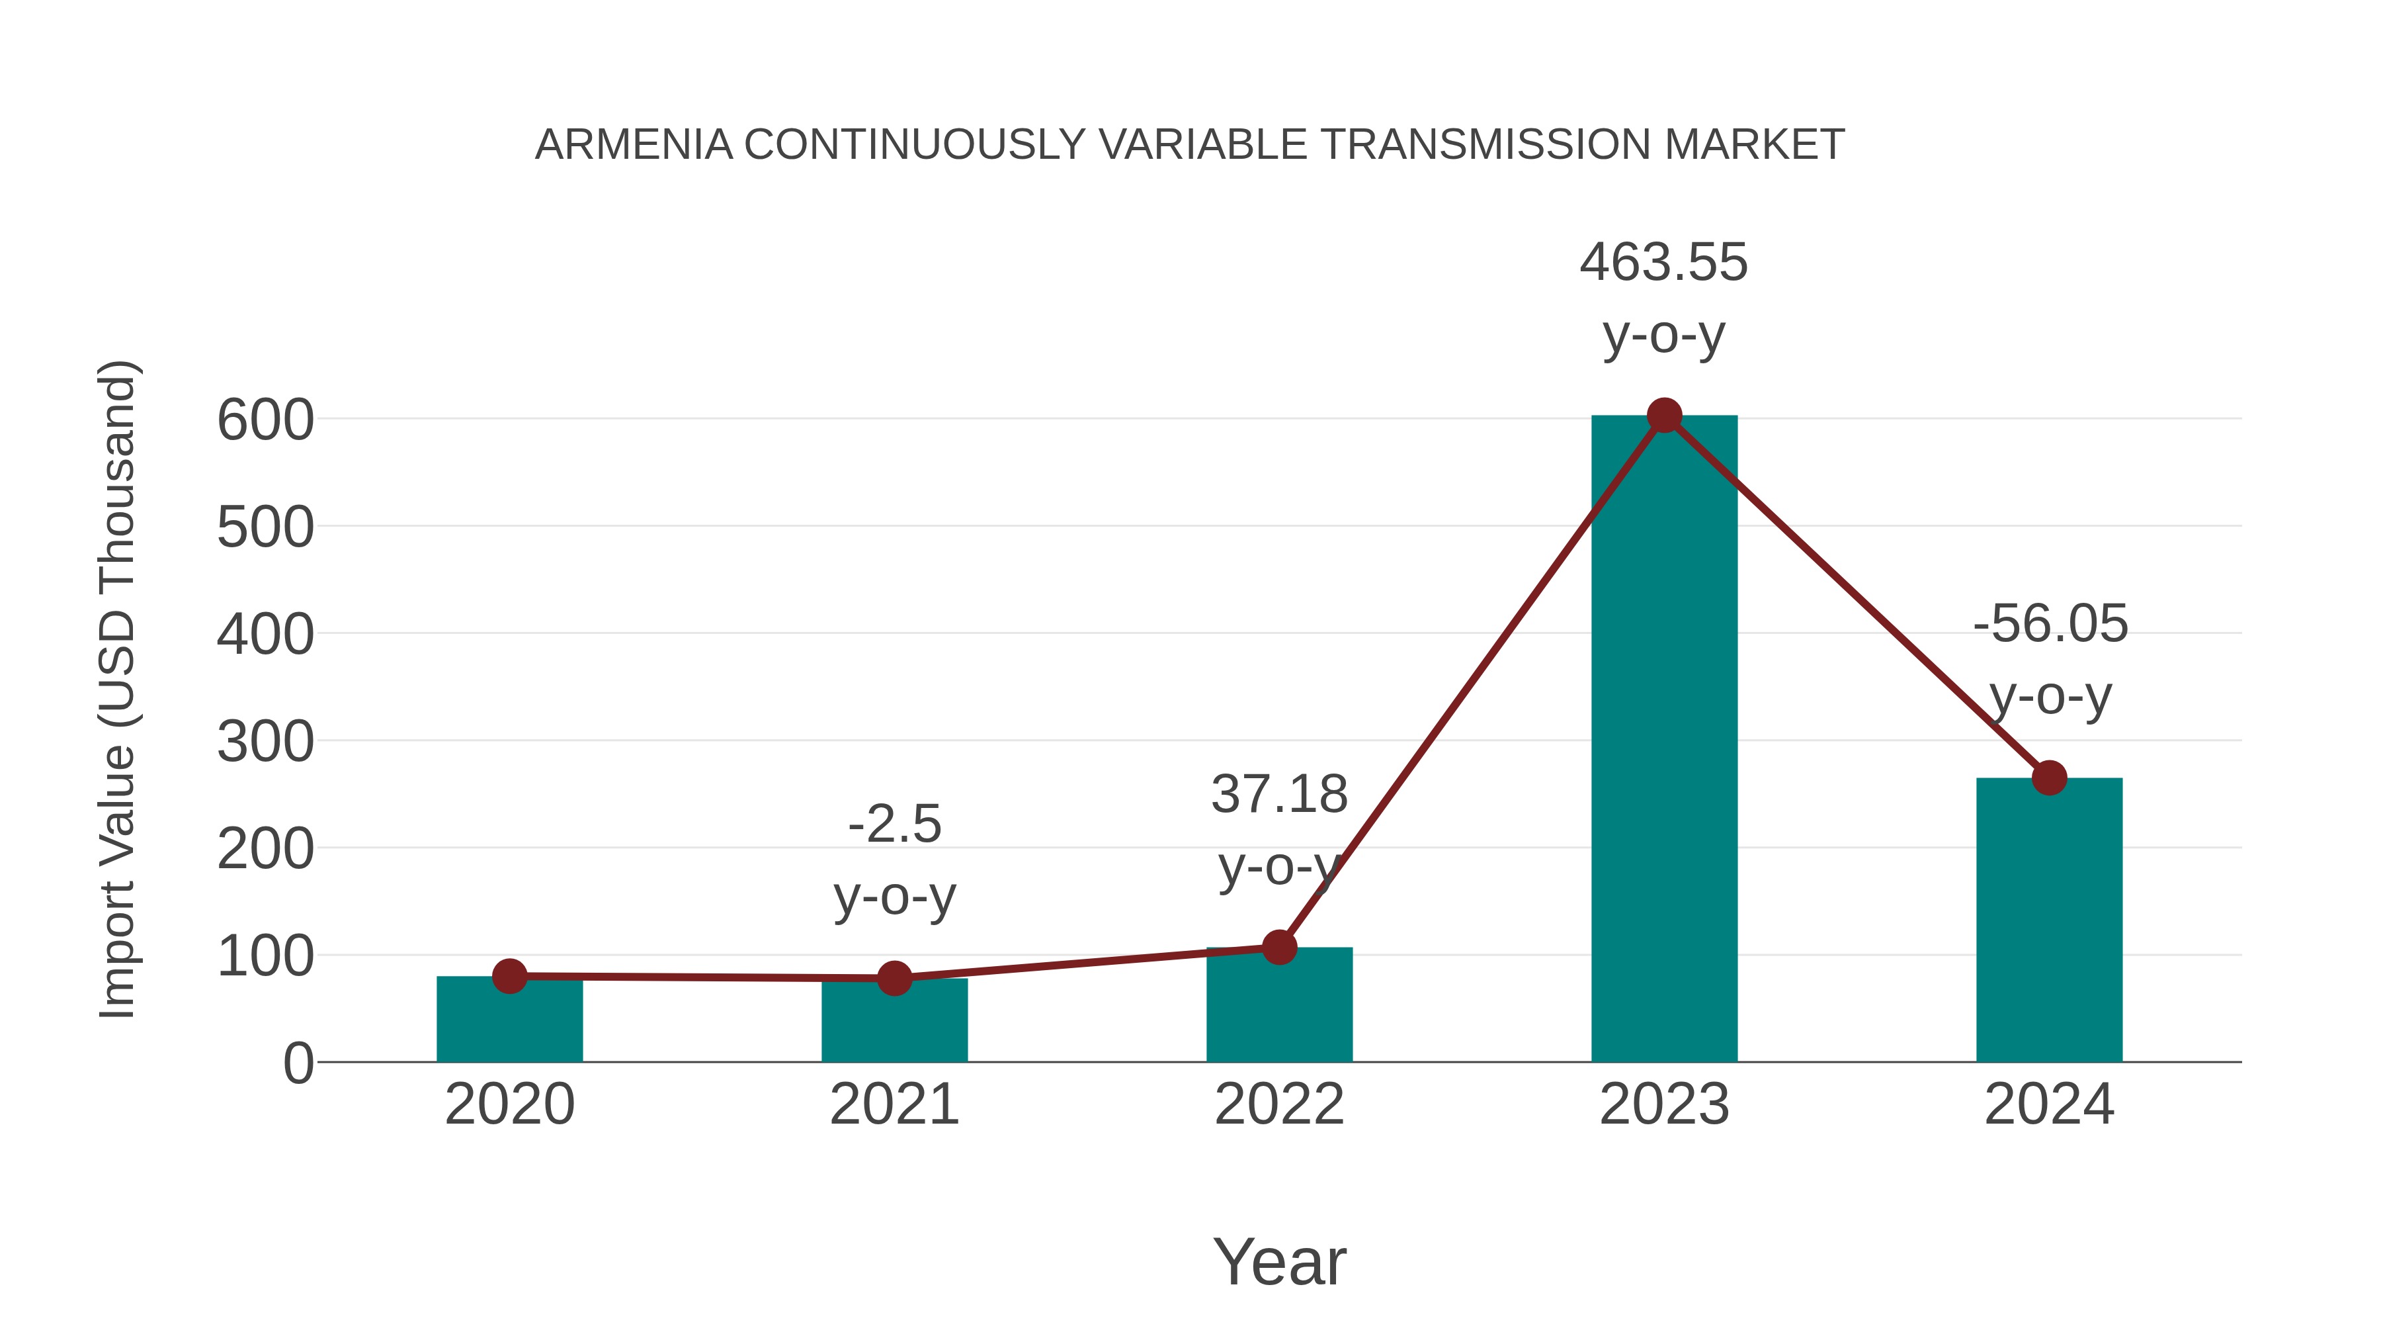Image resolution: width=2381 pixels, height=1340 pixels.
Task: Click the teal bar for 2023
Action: [1664, 740]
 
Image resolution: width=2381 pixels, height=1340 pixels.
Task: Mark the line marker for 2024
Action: [2049, 778]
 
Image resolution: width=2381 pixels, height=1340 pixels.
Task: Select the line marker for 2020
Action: [509, 975]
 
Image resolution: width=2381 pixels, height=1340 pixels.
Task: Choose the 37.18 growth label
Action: [1279, 794]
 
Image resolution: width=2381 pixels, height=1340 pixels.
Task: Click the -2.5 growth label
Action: [894, 824]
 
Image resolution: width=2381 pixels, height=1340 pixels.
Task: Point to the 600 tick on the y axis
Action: [265, 421]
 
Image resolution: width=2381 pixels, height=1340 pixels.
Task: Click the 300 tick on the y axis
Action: [265, 742]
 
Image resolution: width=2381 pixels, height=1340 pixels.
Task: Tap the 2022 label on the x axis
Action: [1279, 1104]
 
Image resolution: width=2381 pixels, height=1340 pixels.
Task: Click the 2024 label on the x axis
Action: [2049, 1104]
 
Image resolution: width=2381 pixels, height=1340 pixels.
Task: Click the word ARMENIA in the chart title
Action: [633, 145]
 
